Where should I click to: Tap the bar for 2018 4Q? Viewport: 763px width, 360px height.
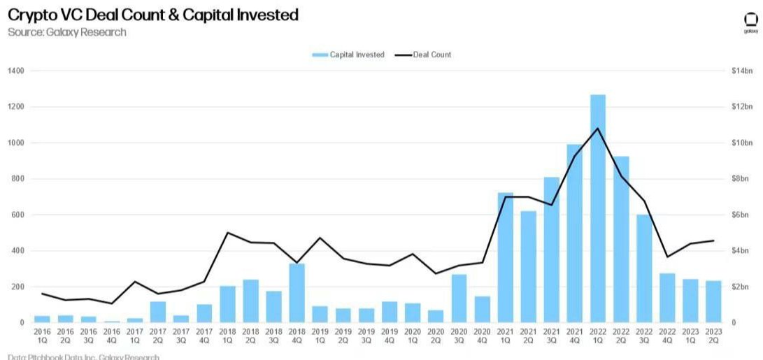[297, 293]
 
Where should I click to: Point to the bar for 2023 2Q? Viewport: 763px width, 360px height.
[713, 301]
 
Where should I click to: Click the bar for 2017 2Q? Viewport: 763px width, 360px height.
[158, 312]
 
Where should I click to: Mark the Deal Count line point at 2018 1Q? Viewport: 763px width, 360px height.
[227, 233]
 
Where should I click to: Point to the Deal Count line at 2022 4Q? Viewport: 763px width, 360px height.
[667, 257]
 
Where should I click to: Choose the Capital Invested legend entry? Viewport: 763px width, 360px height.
[348, 55]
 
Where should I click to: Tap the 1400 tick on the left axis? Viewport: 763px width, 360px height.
[16, 71]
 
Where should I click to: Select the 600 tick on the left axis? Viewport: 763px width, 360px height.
[18, 215]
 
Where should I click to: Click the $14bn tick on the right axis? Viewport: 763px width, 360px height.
[741, 71]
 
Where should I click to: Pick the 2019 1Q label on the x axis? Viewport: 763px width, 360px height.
[320, 336]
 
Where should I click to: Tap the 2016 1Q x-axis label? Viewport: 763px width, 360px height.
[43, 336]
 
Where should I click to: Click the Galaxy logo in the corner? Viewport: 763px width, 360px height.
[750, 23]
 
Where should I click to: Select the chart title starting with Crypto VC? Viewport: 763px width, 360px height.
[153, 15]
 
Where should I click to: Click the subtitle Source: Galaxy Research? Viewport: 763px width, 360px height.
[67, 32]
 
